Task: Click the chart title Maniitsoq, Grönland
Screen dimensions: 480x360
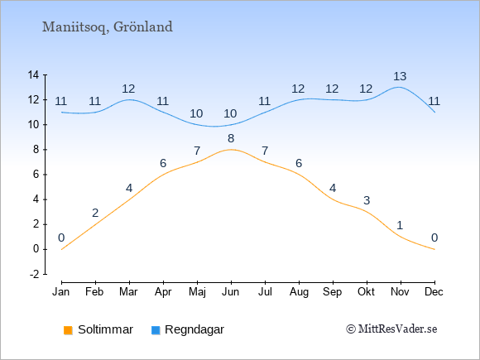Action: click(108, 27)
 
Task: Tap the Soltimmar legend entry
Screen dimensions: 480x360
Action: click(98, 329)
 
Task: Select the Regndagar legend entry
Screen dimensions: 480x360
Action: click(188, 329)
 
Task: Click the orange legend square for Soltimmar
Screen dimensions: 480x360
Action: click(68, 330)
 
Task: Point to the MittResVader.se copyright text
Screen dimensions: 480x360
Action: click(391, 329)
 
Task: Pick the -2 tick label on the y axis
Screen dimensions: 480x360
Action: click(34, 274)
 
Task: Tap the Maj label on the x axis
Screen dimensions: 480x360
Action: click(197, 292)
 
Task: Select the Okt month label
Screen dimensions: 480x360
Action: click(366, 292)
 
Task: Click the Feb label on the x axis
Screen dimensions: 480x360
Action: click(94, 292)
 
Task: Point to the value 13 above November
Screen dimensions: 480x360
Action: click(400, 76)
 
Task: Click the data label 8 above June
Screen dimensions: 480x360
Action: click(231, 139)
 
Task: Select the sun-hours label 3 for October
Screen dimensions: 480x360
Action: click(367, 200)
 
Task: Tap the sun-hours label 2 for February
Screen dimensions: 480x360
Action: click(95, 213)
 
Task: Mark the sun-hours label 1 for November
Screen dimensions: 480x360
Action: click(400, 226)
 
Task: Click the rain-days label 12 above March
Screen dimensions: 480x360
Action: click(128, 89)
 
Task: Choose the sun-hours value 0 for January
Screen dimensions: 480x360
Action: click(61, 238)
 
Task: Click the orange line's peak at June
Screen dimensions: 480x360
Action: click(231, 150)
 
